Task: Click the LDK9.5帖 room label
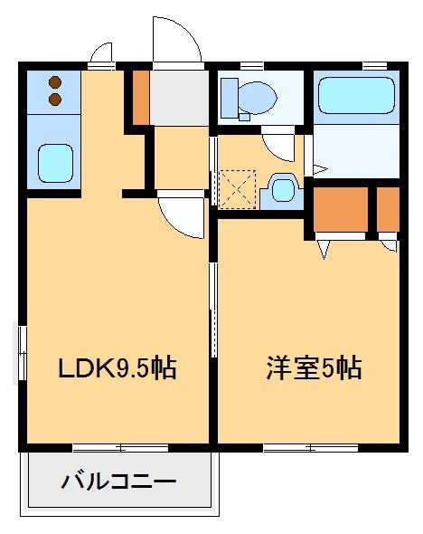coord(116,368)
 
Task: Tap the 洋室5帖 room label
coord(314,368)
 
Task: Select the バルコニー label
coord(118,481)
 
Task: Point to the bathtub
coord(356,94)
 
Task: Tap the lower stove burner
coord(54,97)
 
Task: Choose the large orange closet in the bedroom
coord(341,208)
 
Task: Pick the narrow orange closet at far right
coord(388,208)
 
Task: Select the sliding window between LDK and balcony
coord(118,447)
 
